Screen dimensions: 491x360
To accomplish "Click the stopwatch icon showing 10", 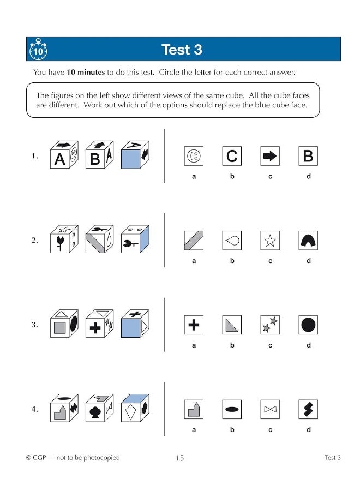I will pos(38,50).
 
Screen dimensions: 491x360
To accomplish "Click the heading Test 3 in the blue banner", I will pos(182,50).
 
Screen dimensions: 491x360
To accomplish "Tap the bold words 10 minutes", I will pos(86,72).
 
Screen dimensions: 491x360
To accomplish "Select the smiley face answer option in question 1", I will pos(194,157).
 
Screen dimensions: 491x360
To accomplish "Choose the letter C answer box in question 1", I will pos(232,157).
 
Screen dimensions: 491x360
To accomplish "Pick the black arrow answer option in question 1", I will pos(270,157).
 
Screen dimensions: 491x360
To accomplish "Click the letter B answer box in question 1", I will pos(308,157).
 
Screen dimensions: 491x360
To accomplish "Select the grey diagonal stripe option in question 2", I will pos(194,241).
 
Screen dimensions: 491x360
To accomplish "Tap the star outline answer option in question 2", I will pos(270,241).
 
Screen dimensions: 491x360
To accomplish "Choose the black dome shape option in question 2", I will pos(308,241).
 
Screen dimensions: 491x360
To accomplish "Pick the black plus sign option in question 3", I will pos(194,325).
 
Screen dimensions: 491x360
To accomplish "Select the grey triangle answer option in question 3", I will pos(232,325).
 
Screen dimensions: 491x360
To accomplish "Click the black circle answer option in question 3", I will pos(308,325).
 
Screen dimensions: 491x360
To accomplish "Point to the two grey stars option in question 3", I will pos(270,325).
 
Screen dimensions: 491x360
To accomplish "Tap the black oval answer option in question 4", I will pos(232,409).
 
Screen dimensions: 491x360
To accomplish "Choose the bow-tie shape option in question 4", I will pos(270,409).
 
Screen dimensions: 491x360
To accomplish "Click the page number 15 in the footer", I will pos(179,458).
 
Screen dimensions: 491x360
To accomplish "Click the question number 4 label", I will pos(34,409).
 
